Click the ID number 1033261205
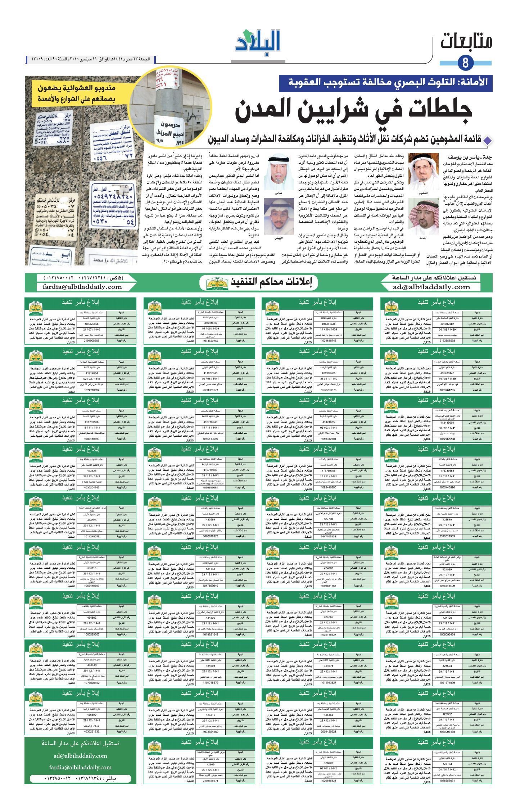(448, 390)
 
